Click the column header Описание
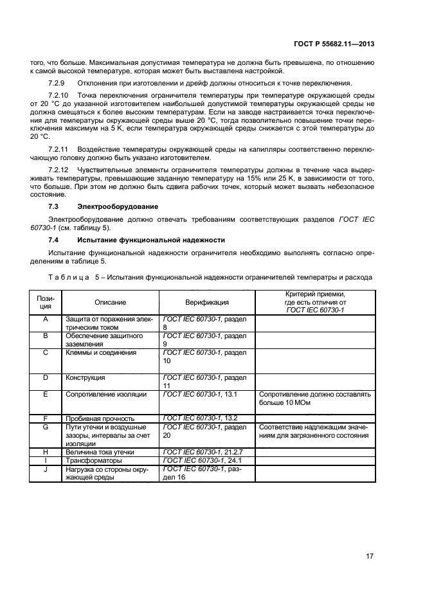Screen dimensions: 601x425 coord(111,302)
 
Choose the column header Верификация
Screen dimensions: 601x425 coord(207,302)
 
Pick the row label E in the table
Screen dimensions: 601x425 coord(46,394)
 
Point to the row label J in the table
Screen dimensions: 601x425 coord(46,469)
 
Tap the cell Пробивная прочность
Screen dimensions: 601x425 coord(100,418)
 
